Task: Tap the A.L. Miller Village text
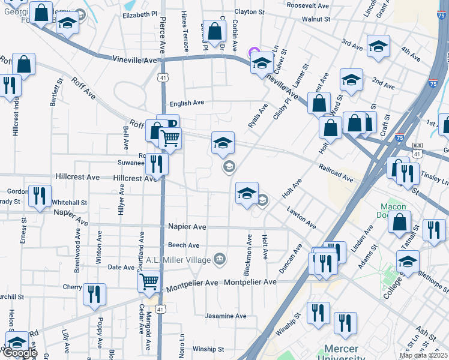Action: (179, 260)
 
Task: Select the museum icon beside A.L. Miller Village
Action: (220, 259)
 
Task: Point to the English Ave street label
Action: (187, 103)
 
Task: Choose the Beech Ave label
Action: (183, 245)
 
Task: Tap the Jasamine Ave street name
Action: (226, 316)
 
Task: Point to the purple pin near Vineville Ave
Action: (253, 53)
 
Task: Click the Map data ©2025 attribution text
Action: (423, 355)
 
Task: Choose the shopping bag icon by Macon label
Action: (399, 223)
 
